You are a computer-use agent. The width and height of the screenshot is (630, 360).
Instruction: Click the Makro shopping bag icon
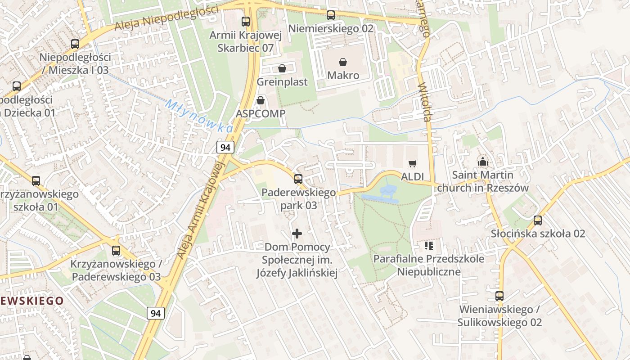[x=343, y=62]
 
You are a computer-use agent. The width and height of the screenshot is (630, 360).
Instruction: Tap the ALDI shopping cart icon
[x=413, y=163]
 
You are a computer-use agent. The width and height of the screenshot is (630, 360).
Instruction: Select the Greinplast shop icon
[x=282, y=68]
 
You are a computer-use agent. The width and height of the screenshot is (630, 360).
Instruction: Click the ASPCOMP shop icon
[x=261, y=100]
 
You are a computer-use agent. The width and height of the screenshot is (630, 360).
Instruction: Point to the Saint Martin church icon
[x=483, y=162]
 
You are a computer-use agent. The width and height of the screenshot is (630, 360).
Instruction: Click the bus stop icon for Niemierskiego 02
[x=331, y=15]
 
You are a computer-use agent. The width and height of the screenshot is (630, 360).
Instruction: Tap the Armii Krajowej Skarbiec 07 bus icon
[x=246, y=21]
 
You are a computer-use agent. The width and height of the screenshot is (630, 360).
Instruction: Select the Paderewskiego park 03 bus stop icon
[x=298, y=179]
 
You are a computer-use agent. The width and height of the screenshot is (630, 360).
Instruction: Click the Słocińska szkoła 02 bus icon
[x=538, y=220]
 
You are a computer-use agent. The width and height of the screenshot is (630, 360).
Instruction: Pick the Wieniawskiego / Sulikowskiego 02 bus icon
[x=499, y=296]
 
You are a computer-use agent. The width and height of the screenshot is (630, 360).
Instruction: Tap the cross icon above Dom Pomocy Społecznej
[x=297, y=234]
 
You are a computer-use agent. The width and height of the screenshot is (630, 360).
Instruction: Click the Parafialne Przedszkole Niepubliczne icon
[x=428, y=246]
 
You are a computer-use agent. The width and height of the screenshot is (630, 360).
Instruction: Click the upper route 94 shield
[x=225, y=147]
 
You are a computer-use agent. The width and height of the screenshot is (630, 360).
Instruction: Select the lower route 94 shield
[x=156, y=313]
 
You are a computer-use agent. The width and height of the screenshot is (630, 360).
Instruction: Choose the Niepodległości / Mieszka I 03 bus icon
[x=75, y=44]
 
